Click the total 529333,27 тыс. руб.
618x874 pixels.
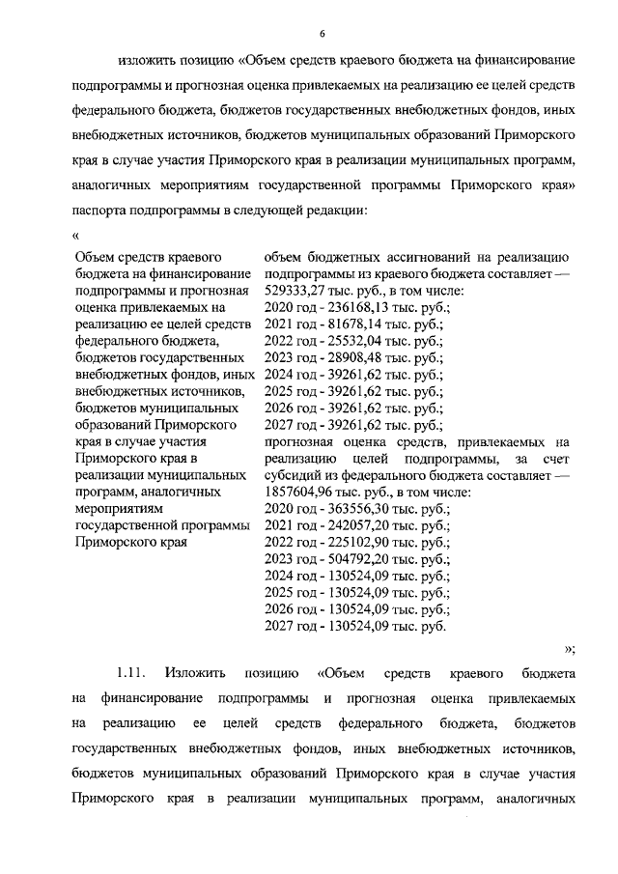click(x=304, y=291)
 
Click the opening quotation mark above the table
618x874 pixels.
click(x=75, y=235)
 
